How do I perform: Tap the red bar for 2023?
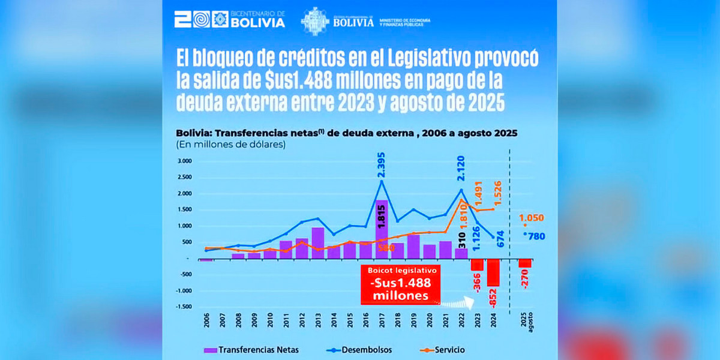(477, 265)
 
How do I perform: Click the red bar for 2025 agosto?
(525, 263)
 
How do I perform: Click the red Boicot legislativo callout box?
(400, 284)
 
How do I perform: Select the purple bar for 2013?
(318, 243)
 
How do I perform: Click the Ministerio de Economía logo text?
(403, 22)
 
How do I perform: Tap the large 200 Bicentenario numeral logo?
(192, 20)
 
